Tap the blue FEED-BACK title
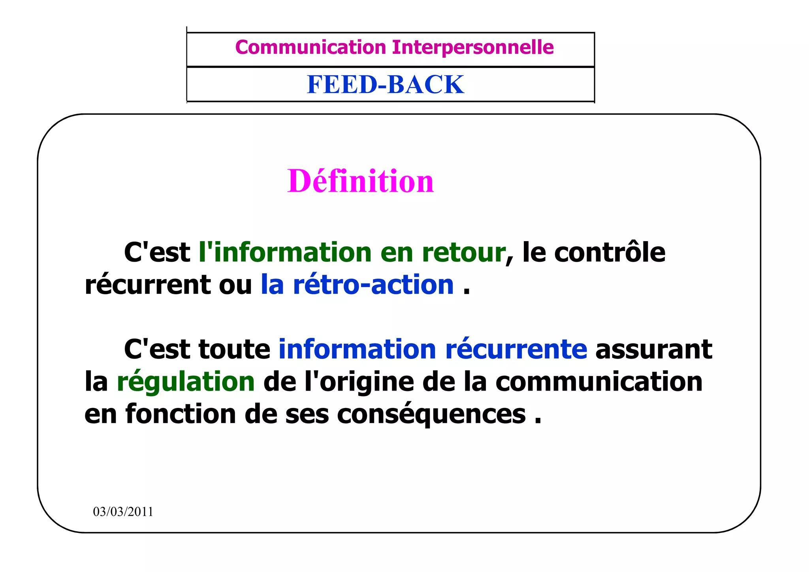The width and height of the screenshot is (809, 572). pos(386,85)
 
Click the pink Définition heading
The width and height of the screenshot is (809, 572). pos(361,181)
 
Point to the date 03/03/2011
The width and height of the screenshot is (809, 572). pos(123,512)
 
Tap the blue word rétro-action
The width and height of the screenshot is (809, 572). pos(373,285)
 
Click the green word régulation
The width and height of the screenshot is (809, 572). pos(186,382)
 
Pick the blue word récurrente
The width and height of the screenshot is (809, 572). pos(516,349)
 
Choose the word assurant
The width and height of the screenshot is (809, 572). pos(654,349)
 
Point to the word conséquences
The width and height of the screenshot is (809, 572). pos(431,414)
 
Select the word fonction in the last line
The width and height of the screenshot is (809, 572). pos(181,414)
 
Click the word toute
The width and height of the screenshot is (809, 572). pos(234,349)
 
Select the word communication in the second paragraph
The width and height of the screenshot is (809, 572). pos(599,382)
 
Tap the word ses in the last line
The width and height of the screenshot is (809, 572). pos(307,415)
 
